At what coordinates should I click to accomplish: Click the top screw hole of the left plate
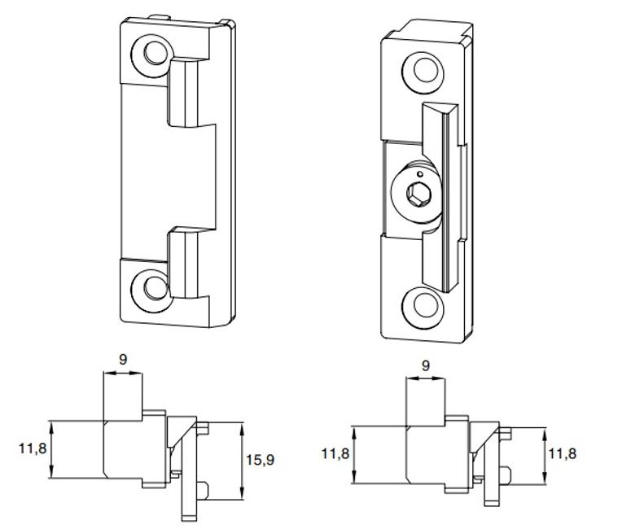point(154,54)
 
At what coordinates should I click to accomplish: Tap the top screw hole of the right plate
point(426,69)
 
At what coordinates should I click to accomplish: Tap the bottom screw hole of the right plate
point(425,304)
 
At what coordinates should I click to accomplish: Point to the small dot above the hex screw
point(418,173)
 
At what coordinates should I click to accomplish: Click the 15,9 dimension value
point(260,461)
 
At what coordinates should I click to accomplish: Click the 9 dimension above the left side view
point(123,358)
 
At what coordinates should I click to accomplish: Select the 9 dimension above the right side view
point(426,366)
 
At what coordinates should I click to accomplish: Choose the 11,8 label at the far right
point(562,453)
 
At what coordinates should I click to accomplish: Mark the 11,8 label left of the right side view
point(335,453)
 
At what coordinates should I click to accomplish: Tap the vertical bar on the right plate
point(443,195)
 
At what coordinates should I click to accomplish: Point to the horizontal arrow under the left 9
point(123,374)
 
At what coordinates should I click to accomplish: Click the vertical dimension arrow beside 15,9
point(242,461)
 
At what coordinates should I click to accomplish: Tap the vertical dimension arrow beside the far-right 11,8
point(543,454)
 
